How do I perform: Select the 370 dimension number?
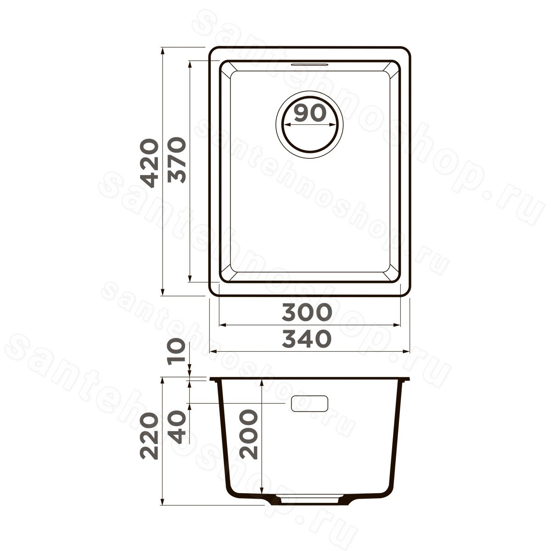point(177,160)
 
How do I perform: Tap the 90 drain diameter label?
point(310,112)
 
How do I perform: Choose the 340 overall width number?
point(307,339)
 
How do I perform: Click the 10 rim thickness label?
point(175,350)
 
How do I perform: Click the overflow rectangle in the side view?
point(309,404)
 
